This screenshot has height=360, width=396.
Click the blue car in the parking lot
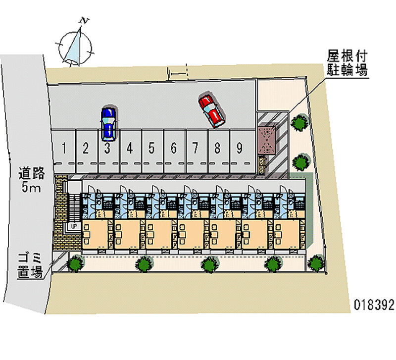[x=108, y=123]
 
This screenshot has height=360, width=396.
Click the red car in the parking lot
[x=211, y=110]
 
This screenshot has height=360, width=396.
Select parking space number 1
[x=64, y=147]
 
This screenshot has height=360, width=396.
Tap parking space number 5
[x=151, y=147]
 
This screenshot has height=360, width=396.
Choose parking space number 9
[x=239, y=147]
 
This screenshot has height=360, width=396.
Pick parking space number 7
[x=196, y=147]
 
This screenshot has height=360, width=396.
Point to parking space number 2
[x=86, y=147]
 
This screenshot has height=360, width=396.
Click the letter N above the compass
[x=85, y=21]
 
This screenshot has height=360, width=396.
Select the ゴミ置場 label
[x=30, y=265]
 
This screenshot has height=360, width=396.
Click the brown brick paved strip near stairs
[x=61, y=213]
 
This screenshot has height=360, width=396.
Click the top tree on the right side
[x=300, y=123]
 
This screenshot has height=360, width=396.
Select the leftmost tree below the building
[x=76, y=264]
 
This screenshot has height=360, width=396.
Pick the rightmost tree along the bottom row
[x=315, y=263]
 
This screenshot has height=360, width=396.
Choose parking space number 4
[x=129, y=147]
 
